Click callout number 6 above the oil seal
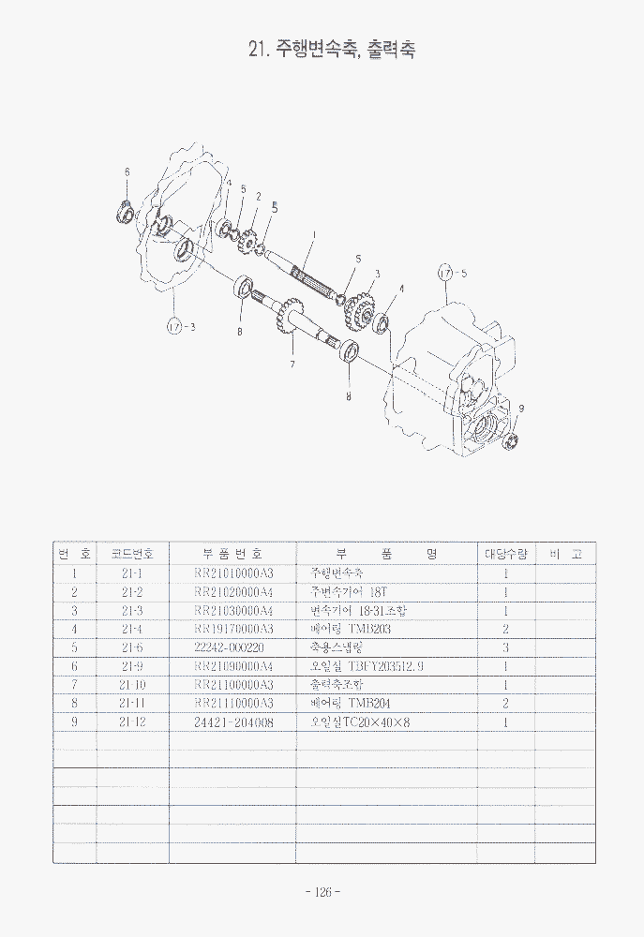127,171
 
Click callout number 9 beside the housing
521,408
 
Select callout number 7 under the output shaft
292,363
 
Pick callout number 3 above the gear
377,274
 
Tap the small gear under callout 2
248,243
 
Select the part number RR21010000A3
232,573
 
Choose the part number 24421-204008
232,721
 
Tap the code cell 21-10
132,684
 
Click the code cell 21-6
132,647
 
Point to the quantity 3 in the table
505,647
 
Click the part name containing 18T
348,591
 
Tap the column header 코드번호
132,554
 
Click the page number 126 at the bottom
322,892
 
